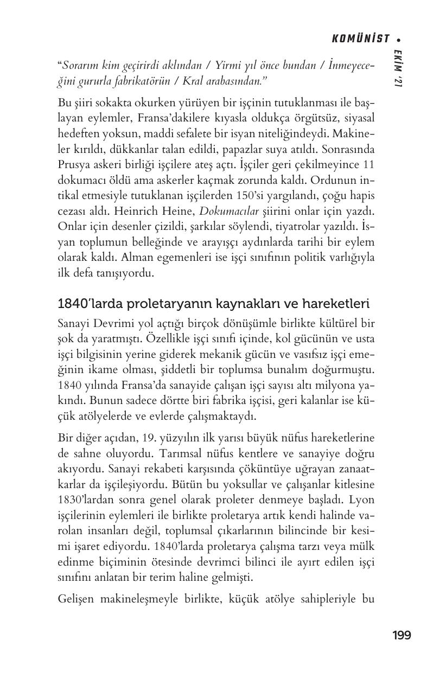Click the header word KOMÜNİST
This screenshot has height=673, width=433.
pos(360,39)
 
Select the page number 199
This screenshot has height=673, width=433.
pos(402,635)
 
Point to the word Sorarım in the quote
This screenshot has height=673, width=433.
pos(78,66)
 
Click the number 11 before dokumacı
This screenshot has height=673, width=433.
pos(369,164)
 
